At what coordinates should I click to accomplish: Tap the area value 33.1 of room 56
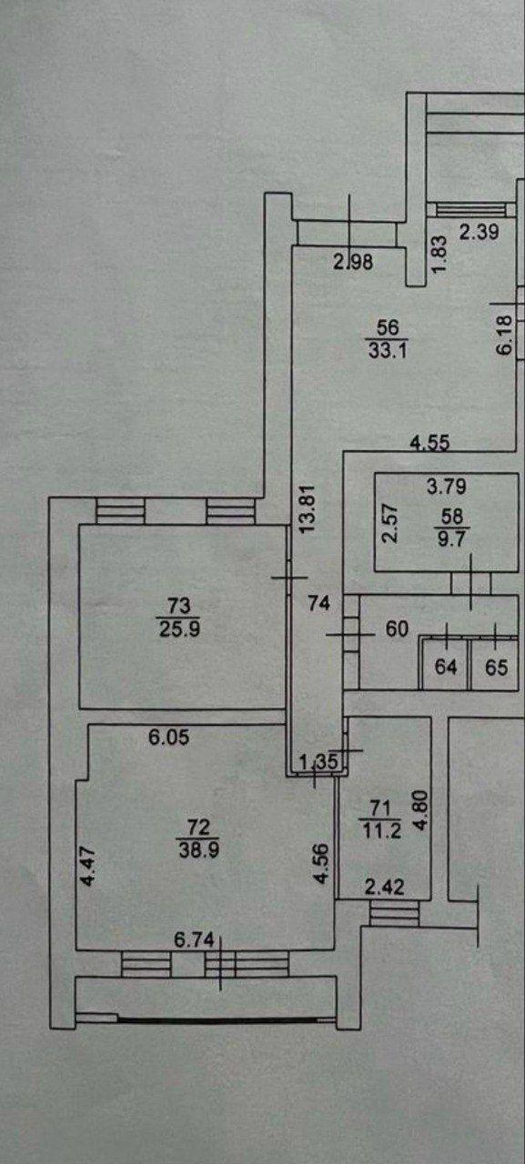[x=388, y=350]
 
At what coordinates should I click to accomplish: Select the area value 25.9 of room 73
[x=178, y=629]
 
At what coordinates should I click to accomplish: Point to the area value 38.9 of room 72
[x=198, y=850]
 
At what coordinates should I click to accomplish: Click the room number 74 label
[x=319, y=603]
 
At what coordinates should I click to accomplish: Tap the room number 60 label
[x=397, y=628]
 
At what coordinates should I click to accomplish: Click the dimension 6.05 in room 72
[x=169, y=738]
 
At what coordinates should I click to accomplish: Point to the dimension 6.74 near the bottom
[x=195, y=939]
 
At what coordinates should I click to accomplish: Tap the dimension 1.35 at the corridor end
[x=320, y=762]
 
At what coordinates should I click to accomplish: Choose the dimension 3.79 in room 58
[x=447, y=487]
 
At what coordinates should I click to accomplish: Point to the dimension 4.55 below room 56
[x=429, y=443]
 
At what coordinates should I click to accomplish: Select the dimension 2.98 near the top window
[x=353, y=261]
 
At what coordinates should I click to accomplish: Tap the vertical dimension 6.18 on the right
[x=505, y=336]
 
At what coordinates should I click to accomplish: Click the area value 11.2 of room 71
[x=380, y=831]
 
